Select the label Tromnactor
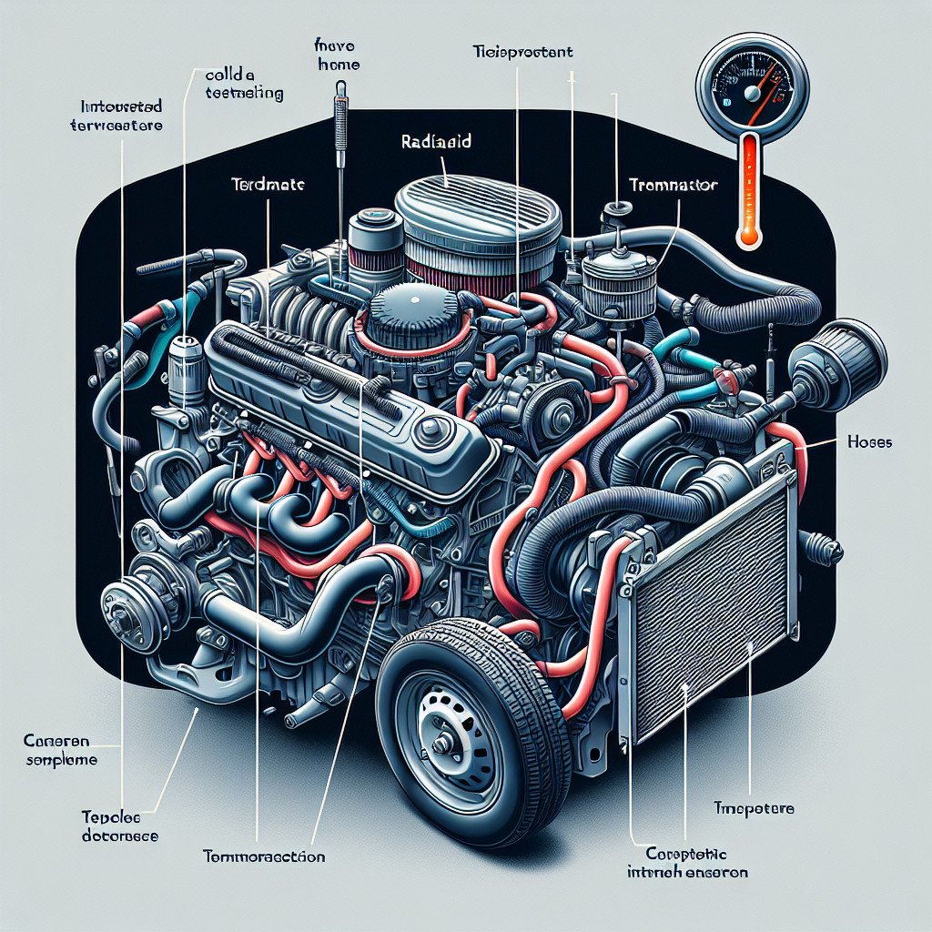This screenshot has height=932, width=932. [674, 185]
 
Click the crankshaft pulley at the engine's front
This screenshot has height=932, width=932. [122, 607]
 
